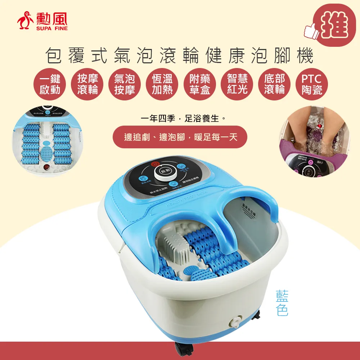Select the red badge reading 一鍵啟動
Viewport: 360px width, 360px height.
coord(50,84)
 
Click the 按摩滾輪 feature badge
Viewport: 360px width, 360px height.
coord(87,84)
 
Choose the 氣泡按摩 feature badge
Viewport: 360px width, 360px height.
coord(125,84)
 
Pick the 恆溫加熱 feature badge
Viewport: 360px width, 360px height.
coord(162,84)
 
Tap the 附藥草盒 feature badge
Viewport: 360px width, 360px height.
coord(199,84)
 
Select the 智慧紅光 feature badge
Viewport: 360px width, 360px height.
coord(237,84)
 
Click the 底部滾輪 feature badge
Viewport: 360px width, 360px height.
coord(274,84)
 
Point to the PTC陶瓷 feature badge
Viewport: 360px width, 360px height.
coord(311,84)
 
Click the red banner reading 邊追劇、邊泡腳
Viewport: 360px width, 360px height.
coord(180,137)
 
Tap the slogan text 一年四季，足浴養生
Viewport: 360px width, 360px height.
coord(180,118)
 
